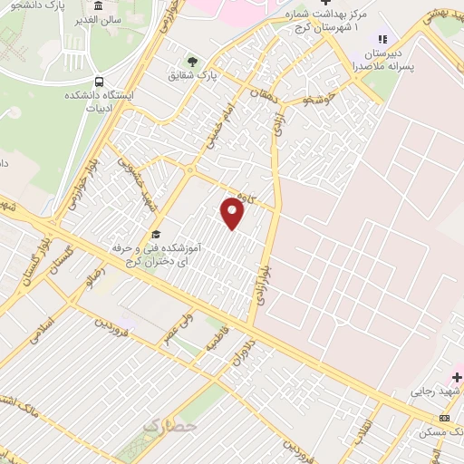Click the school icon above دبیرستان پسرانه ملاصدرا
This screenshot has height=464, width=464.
[x=382, y=39]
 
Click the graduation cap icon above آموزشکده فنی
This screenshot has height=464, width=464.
[x=156, y=234]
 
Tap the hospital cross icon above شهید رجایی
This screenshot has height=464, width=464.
[x=457, y=376]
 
